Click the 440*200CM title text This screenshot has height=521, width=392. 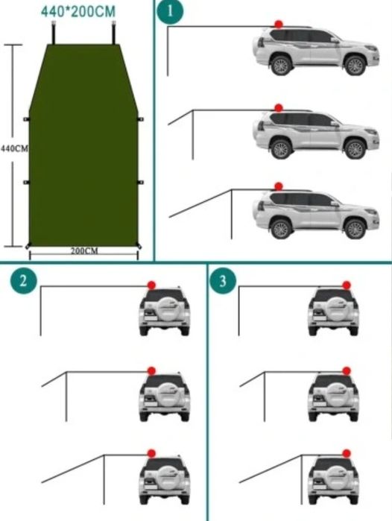(x=78, y=11)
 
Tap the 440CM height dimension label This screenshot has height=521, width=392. (x=15, y=148)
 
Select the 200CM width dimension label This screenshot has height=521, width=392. (x=84, y=250)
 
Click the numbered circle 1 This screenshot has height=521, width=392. (x=170, y=11)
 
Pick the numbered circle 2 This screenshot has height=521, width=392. (x=23, y=281)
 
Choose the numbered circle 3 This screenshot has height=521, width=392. (x=223, y=282)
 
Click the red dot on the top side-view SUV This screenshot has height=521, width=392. (x=279, y=25)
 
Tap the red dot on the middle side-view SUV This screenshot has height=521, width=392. (x=279, y=108)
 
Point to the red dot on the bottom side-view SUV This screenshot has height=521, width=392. (x=279, y=186)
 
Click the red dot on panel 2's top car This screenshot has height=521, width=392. (x=151, y=285)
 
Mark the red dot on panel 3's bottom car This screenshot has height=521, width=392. (x=347, y=454)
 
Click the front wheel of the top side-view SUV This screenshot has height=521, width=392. (x=355, y=65)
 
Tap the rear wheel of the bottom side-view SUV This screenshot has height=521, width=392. (x=282, y=229)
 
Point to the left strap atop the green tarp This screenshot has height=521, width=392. (x=54, y=33)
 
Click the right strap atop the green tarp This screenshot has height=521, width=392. (x=114, y=33)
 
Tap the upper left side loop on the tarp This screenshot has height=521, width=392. (x=26, y=119)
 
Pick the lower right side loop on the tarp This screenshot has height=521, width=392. (x=141, y=182)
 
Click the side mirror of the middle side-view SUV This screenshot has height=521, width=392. (x=335, y=124)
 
